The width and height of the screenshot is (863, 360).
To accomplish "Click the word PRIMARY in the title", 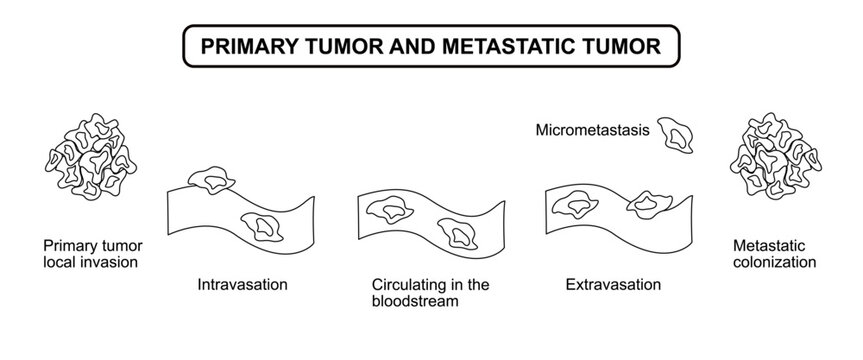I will click(x=243, y=46).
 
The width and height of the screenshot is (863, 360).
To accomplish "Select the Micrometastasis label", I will click(x=593, y=130).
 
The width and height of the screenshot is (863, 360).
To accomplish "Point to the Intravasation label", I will click(x=244, y=283).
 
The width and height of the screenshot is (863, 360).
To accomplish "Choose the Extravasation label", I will click(x=613, y=283).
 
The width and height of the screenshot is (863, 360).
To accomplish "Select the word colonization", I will click(x=775, y=262).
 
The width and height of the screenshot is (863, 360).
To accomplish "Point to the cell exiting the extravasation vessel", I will click(x=651, y=204).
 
